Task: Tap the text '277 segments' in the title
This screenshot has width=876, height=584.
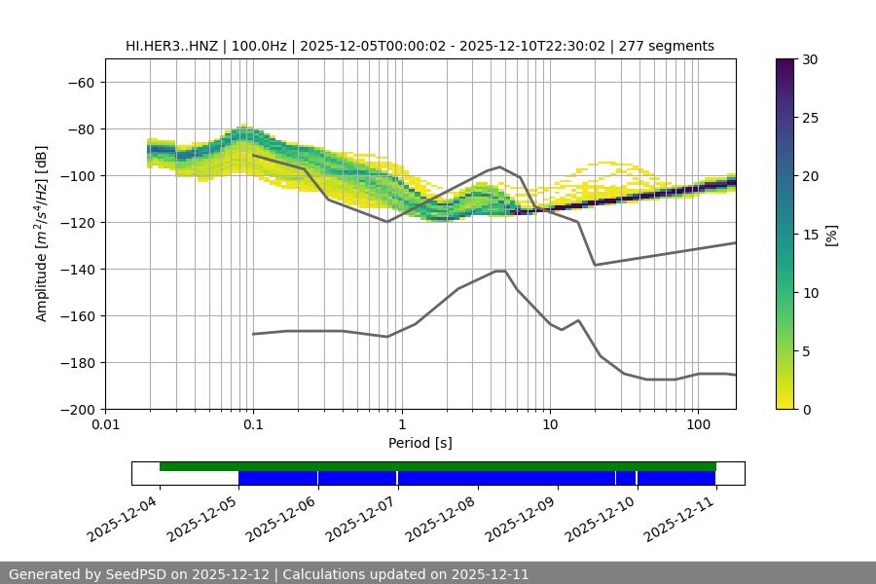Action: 673,46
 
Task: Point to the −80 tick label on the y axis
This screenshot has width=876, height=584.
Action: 79,128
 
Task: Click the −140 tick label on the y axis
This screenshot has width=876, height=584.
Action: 75,269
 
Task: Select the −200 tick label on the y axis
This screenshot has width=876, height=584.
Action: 75,409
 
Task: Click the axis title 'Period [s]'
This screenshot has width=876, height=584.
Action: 420,444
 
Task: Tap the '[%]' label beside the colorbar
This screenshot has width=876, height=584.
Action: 831,235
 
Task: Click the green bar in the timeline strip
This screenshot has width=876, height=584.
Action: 438,466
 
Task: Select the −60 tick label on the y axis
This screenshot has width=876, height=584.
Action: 79,82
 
